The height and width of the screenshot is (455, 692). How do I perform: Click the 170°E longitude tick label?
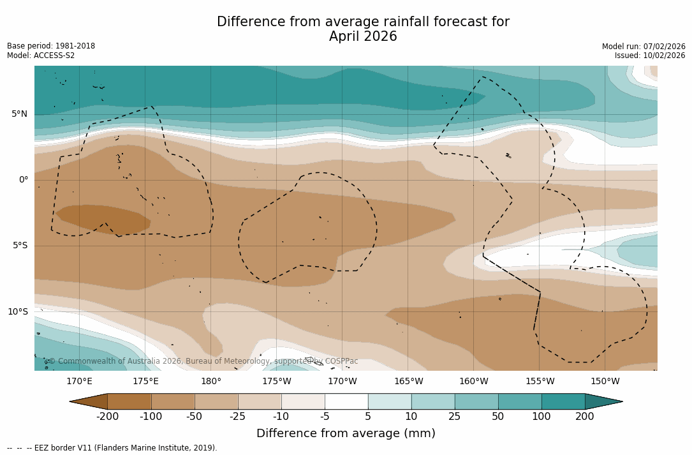pyautogui.click(x=79, y=382)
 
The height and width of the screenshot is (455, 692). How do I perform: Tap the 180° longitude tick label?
pyautogui.click(x=211, y=382)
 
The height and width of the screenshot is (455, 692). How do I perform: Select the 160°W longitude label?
pyautogui.click(x=474, y=382)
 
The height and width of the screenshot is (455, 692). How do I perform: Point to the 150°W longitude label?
pyautogui.click(x=605, y=382)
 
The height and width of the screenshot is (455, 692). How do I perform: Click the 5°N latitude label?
pyautogui.click(x=19, y=114)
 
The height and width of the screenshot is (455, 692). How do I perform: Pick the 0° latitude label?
pyautogui.click(x=23, y=180)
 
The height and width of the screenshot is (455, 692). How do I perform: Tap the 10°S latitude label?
pyautogui.click(x=17, y=312)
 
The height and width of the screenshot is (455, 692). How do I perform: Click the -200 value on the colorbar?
pyautogui.click(x=108, y=417)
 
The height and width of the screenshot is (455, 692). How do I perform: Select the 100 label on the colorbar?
pyautogui.click(x=541, y=417)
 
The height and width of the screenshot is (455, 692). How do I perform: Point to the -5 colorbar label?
pyautogui.click(x=325, y=417)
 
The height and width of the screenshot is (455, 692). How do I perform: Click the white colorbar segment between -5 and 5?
pyautogui.click(x=346, y=401)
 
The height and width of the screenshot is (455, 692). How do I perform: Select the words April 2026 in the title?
pyautogui.click(x=363, y=37)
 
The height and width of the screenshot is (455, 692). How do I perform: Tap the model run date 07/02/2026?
pyautogui.click(x=663, y=47)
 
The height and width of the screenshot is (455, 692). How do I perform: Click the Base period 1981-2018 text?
pyautogui.click(x=51, y=47)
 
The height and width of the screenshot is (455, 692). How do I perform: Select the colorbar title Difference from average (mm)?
pyautogui.click(x=346, y=434)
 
